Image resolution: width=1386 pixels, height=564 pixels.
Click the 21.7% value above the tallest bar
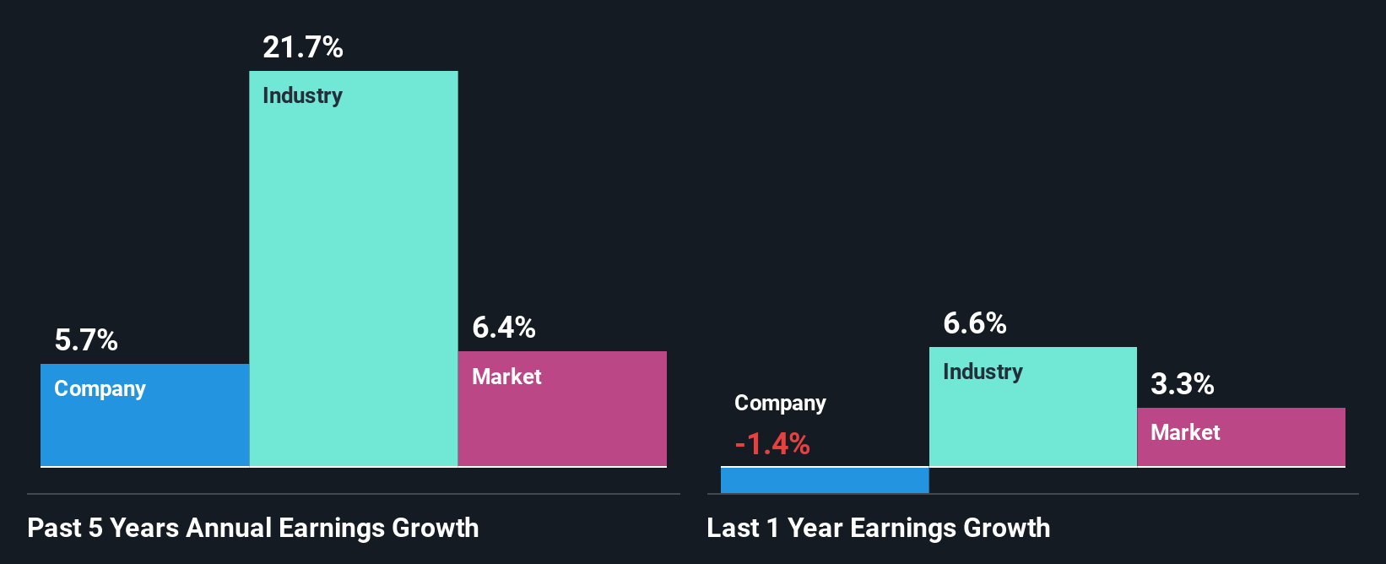click(302, 47)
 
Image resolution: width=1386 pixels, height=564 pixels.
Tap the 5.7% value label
click(86, 340)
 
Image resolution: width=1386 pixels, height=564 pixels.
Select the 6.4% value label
click(504, 328)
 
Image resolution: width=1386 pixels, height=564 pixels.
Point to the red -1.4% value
click(772, 444)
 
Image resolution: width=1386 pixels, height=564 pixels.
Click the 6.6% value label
click(975, 323)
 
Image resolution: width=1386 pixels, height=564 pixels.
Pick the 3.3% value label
click(1183, 384)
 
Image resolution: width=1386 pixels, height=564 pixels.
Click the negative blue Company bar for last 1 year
click(825, 480)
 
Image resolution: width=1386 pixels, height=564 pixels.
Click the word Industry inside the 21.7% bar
click(302, 95)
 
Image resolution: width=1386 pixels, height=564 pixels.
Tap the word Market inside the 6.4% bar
click(506, 377)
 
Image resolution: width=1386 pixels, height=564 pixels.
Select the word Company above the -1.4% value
click(780, 403)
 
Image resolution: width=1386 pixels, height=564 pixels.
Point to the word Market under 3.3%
click(1185, 432)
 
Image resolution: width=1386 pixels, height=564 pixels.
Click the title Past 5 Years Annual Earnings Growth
click(253, 528)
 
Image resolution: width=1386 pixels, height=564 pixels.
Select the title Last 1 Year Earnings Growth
click(879, 528)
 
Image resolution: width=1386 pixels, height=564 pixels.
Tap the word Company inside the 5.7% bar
click(100, 388)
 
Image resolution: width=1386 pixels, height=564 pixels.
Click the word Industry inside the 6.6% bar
click(983, 371)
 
